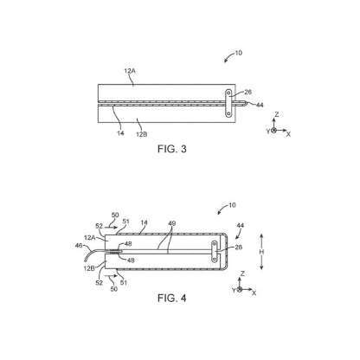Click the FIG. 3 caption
click(172, 149)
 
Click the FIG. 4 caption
click(172, 298)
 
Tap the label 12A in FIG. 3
click(130, 71)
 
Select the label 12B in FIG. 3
click(142, 134)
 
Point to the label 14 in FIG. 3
click(120, 133)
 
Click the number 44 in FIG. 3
click(260, 105)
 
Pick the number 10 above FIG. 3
click(239, 53)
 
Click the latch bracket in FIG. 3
click(228, 103)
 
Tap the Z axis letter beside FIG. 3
click(277, 114)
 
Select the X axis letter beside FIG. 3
click(288, 134)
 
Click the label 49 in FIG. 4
click(172, 223)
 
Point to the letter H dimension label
click(261, 252)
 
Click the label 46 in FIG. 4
click(79, 246)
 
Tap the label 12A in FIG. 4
click(90, 238)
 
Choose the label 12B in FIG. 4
click(89, 268)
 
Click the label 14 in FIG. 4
click(144, 222)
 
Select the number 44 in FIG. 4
click(241, 225)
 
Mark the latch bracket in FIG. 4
click(215, 252)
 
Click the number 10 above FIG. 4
click(232, 205)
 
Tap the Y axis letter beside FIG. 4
click(234, 290)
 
